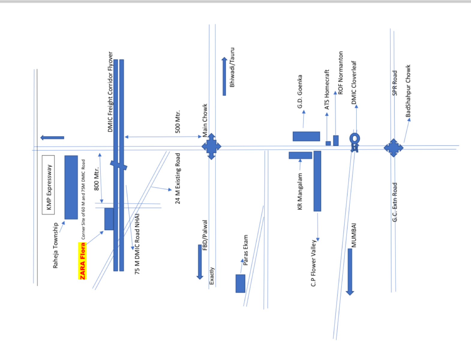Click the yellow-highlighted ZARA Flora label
coord(82,261)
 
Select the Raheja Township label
coord(55,245)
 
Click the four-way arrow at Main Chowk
coord(211,146)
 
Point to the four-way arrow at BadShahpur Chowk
coord(393,148)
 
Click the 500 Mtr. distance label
coord(178,121)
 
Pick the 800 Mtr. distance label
coord(97,179)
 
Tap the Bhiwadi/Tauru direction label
coord(232,67)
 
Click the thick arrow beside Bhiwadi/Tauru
coord(224,76)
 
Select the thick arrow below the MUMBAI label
coord(350,272)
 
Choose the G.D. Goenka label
coord(300,91)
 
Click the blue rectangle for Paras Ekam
coord(240,283)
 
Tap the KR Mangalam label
coord(300,191)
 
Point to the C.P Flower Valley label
coord(313,263)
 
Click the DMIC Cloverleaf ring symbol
coord(355,139)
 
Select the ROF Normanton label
coord(340,73)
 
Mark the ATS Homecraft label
coord(327,89)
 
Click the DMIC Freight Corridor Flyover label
coord(110,92)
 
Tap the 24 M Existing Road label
coord(178,178)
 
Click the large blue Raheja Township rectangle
coord(71,187)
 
